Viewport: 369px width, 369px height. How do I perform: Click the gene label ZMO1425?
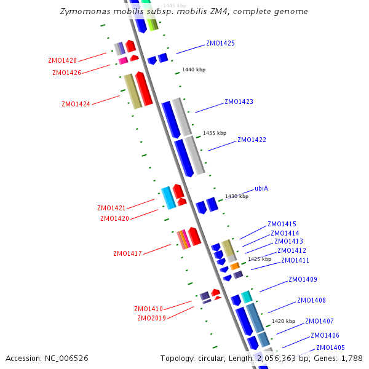tap(220, 44)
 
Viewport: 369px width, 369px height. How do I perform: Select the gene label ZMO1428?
tap(62, 61)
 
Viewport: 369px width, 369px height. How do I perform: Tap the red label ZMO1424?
tap(76, 105)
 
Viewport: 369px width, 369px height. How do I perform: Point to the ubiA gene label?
tap(261, 189)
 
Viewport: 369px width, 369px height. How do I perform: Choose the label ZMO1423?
tap(239, 102)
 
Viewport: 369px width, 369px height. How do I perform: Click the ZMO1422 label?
tap(252, 140)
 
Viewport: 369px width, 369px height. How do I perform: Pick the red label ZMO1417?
tap(127, 254)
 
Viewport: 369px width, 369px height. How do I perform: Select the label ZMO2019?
tap(151, 319)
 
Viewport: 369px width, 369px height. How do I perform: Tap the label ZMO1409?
tap(303, 280)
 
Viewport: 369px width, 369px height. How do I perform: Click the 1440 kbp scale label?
tap(194, 70)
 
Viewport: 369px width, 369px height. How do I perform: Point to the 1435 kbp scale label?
tap(215, 133)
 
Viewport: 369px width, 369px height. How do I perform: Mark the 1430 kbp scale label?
tap(237, 197)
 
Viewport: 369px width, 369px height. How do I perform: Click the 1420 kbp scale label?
tap(284, 322)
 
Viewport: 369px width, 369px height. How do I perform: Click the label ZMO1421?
tap(111, 208)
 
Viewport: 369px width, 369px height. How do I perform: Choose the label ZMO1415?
tap(282, 224)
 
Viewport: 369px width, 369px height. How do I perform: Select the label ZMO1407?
tap(319, 322)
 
